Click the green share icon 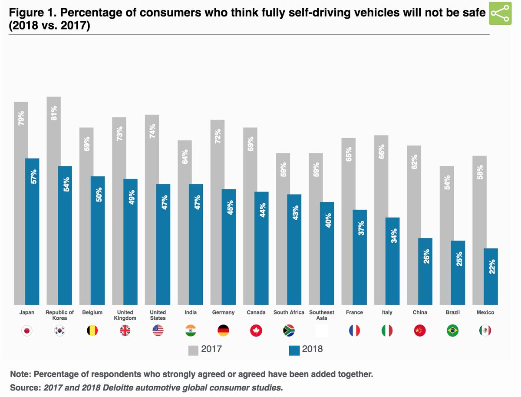[x=501, y=14]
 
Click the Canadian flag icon [x=256, y=331]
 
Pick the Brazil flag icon [x=452, y=331]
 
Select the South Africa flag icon [x=289, y=331]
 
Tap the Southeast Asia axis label [x=322, y=315]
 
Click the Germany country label [x=224, y=312]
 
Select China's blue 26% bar [x=425, y=271]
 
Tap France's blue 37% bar [x=359, y=256]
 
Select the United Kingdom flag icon [x=125, y=331]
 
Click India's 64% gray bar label [x=185, y=156]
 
